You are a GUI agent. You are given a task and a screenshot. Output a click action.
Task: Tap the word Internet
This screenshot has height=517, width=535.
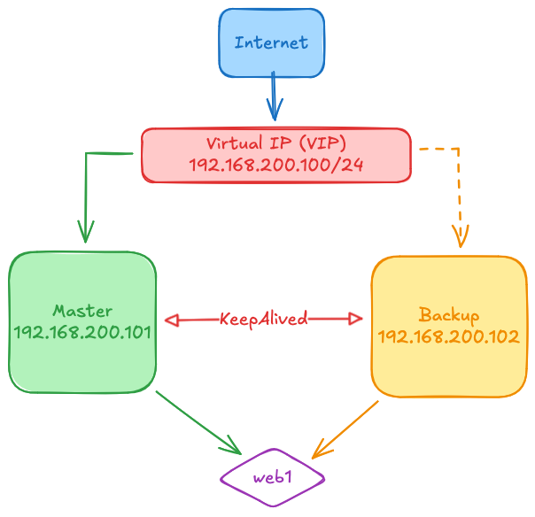[x=272, y=42]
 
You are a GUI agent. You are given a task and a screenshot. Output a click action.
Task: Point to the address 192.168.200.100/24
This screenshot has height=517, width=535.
[x=276, y=165]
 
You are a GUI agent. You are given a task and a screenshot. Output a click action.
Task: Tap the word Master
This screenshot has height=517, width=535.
[x=82, y=311]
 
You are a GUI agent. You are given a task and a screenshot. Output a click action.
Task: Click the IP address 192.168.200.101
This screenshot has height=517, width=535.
[x=82, y=333]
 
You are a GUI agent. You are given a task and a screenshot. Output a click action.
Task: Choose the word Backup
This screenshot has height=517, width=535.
[x=449, y=315]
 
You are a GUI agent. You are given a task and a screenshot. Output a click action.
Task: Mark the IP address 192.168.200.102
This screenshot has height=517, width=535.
[x=448, y=336]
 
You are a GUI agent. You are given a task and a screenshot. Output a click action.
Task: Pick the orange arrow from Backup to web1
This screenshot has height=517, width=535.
[x=346, y=428]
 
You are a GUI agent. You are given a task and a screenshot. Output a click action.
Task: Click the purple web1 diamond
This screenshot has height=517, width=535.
[x=273, y=477]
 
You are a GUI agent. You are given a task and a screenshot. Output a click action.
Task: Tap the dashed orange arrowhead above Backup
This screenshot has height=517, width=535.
[x=460, y=235]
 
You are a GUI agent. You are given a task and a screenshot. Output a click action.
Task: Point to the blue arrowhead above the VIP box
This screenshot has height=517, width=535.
[x=275, y=112]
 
